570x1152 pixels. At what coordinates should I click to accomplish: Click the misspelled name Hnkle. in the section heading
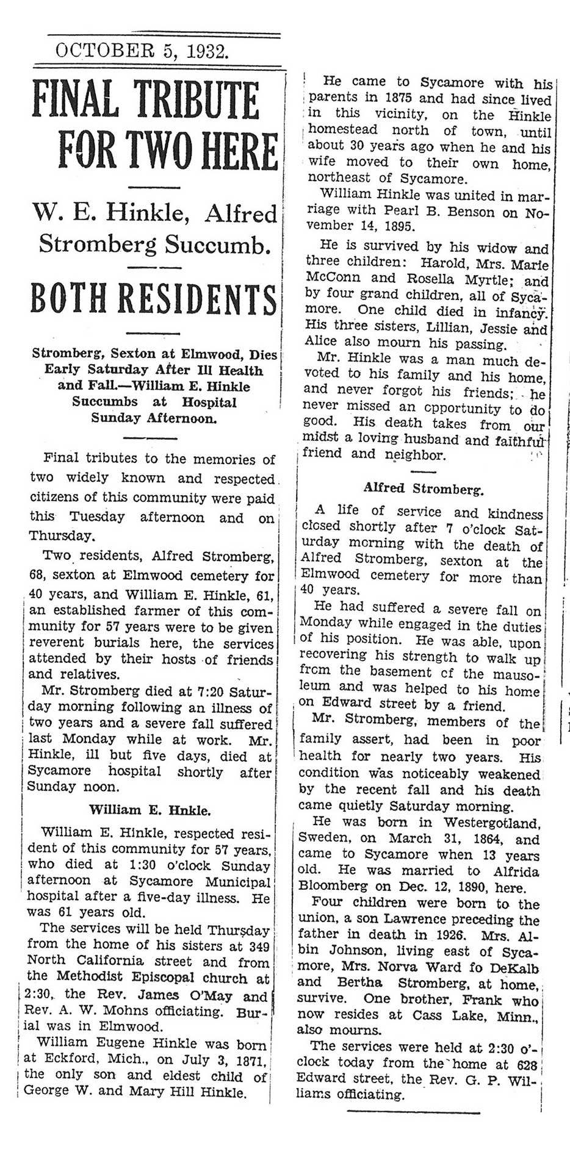(x=192, y=810)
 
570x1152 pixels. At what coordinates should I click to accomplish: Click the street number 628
(x=527, y=1063)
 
